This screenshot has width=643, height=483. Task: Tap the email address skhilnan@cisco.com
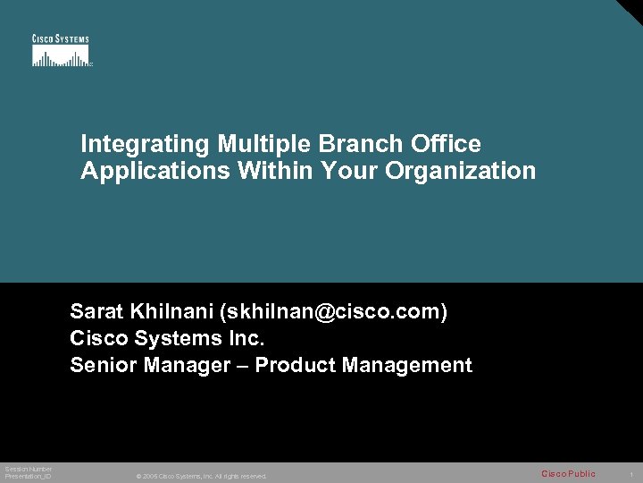click(x=337, y=312)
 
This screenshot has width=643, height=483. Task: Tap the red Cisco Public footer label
click(x=568, y=474)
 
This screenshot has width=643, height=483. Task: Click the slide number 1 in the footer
click(x=630, y=474)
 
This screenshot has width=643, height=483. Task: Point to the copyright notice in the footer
click(x=201, y=476)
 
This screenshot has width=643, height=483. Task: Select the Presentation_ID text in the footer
click(x=28, y=477)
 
